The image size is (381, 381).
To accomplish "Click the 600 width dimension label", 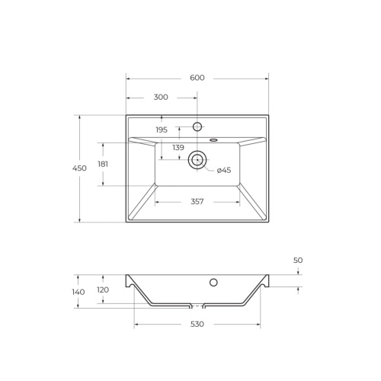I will click(x=197, y=78).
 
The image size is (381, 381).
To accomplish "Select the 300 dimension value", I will click(x=161, y=98).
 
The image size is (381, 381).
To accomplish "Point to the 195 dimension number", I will click(x=162, y=130).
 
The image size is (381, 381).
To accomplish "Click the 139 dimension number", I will click(x=178, y=147).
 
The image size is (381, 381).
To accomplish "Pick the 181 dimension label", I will click(x=103, y=164).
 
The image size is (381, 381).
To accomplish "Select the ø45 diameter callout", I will click(x=224, y=170).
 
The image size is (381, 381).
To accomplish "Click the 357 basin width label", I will click(x=197, y=203).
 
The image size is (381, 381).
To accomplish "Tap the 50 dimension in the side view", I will click(x=298, y=261).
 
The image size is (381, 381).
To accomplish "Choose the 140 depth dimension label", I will click(x=78, y=291).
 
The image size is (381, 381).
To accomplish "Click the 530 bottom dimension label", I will click(x=197, y=325).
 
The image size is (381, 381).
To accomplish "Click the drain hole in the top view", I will click(x=197, y=159).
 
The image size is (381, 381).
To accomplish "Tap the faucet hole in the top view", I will click(x=197, y=126).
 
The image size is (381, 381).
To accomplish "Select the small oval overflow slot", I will click(x=213, y=140).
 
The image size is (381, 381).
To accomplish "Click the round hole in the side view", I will click(x=213, y=283).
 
